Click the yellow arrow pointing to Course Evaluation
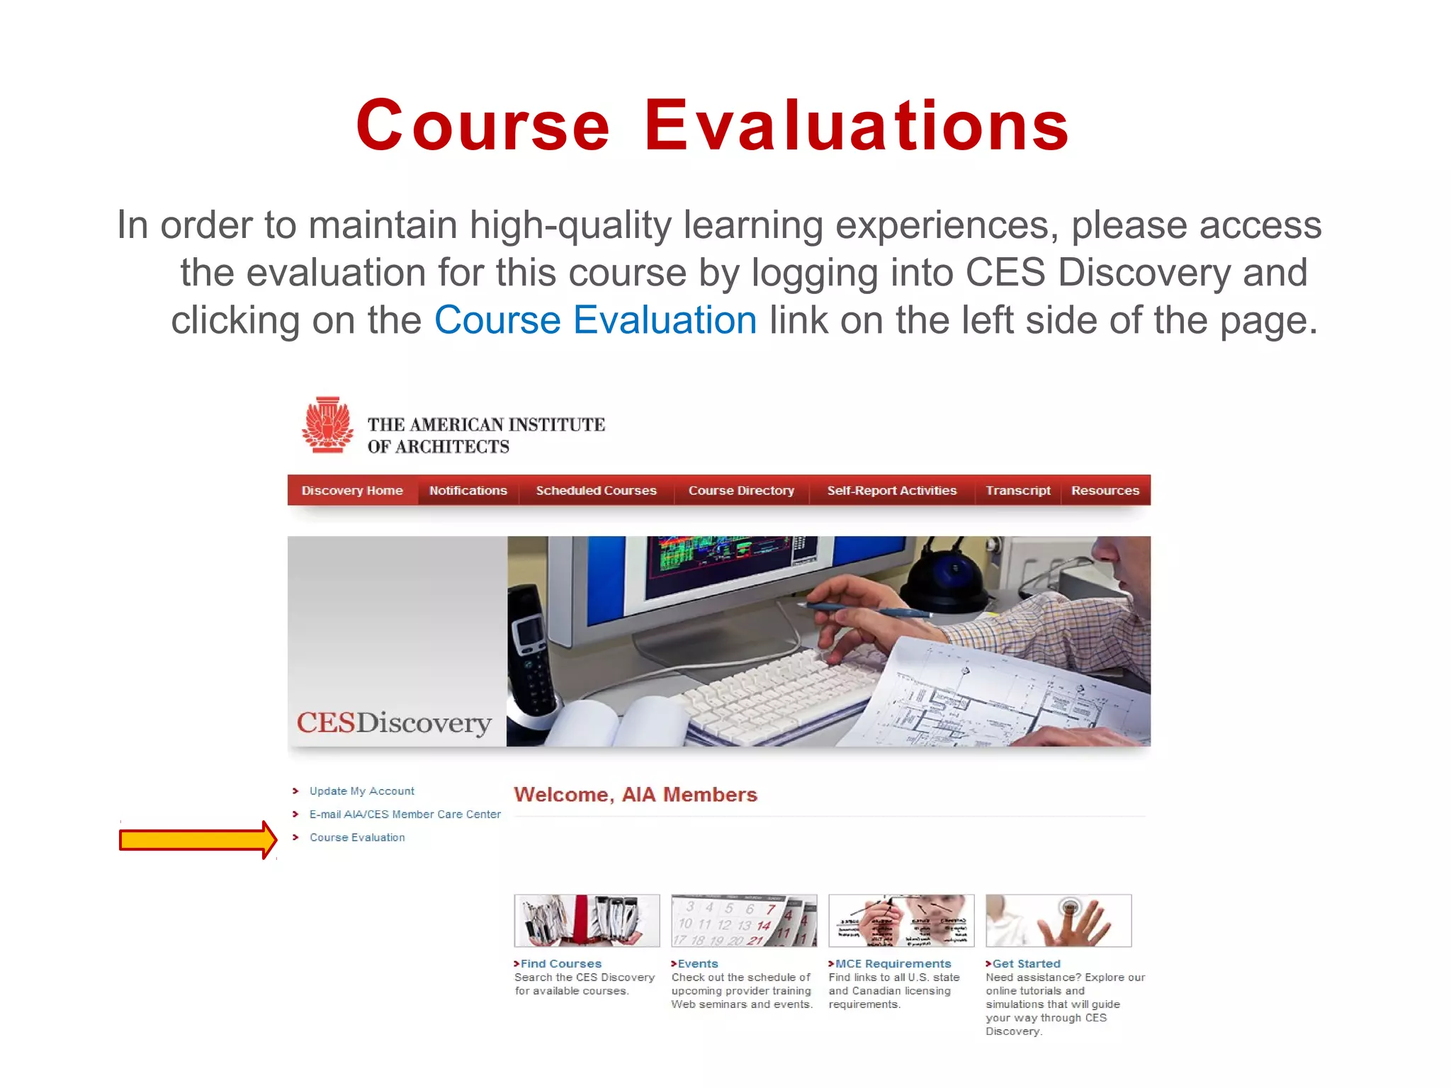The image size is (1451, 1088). [197, 840]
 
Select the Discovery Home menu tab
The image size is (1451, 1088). [352, 490]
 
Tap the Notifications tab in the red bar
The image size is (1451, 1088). [468, 490]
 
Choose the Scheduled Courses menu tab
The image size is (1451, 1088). [596, 490]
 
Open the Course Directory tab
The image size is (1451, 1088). [741, 490]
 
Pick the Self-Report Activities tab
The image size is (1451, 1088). [891, 490]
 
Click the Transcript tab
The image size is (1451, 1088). [1017, 490]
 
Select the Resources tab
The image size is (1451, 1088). [1105, 490]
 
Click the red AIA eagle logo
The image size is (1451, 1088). [327, 425]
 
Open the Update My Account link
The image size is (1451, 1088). [361, 790]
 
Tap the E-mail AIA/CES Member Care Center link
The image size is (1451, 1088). [405, 814]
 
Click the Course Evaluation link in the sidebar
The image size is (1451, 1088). [357, 837]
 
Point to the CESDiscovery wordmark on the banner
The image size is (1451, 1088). [394, 722]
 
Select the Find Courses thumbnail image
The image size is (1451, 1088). [587, 920]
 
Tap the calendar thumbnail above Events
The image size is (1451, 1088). [744, 920]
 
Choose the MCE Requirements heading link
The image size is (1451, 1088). [893, 963]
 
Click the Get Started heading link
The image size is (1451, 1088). [1026, 963]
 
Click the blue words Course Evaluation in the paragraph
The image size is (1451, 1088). [595, 320]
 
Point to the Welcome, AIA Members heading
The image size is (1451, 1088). [636, 795]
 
